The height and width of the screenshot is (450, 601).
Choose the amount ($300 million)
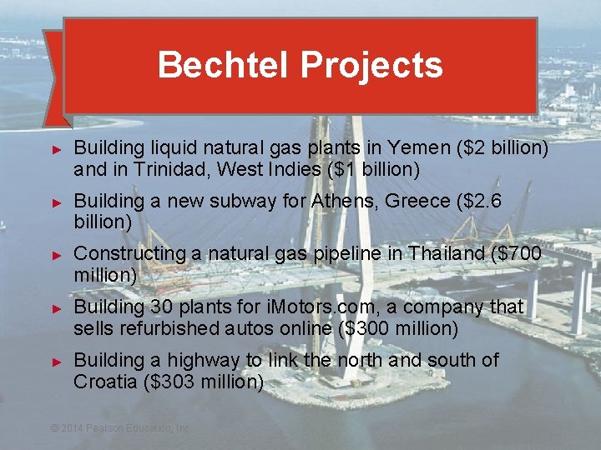point(399,329)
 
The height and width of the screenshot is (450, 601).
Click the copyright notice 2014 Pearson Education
point(121,427)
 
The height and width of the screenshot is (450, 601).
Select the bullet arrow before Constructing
point(58,254)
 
